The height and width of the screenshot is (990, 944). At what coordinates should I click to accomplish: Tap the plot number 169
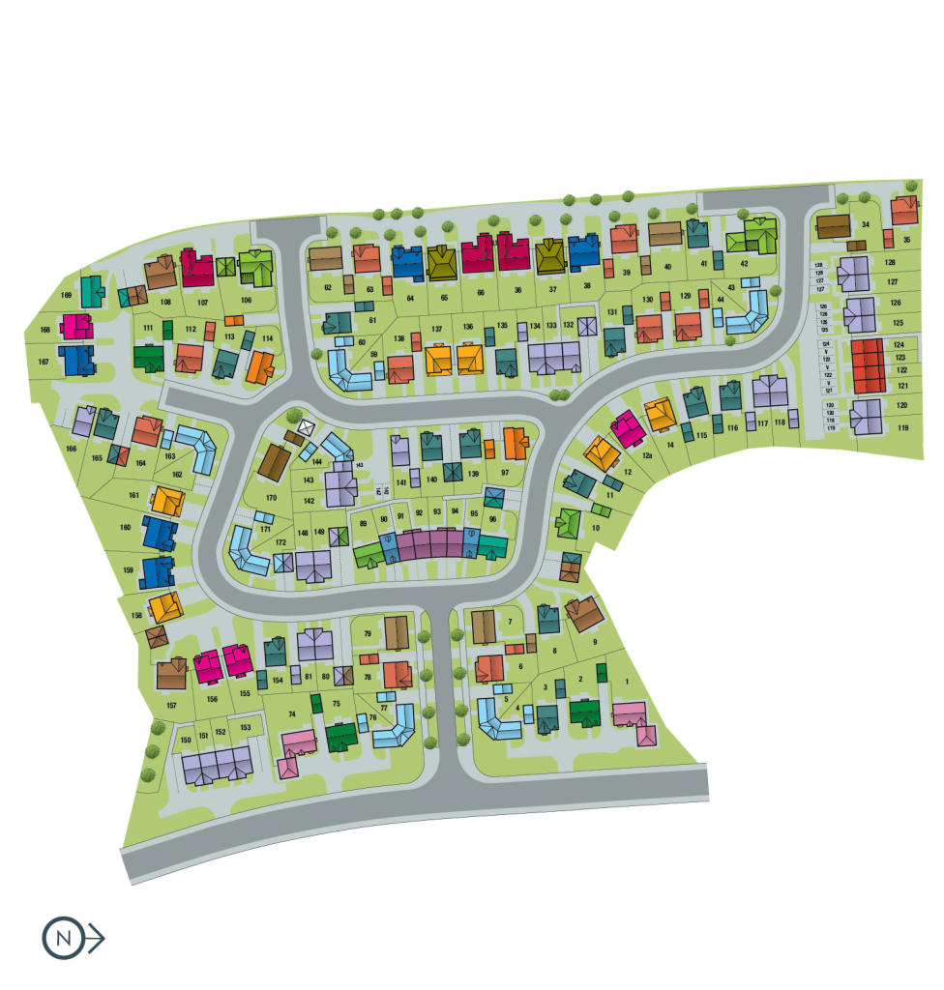[67, 295]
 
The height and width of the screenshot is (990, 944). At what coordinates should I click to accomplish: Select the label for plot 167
[44, 362]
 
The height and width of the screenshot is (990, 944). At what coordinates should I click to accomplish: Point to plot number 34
[866, 226]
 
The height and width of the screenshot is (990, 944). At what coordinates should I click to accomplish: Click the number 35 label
[907, 239]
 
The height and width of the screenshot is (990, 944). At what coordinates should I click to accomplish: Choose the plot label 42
[744, 262]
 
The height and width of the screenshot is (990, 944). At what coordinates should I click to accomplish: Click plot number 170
[272, 498]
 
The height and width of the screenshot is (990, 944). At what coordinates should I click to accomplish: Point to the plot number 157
[171, 705]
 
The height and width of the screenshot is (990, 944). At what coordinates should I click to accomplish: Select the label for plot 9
[594, 641]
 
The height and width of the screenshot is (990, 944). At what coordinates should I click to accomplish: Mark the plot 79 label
[368, 633]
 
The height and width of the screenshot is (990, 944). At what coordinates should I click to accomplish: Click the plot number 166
[71, 449]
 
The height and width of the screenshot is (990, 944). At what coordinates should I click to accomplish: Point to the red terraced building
[867, 364]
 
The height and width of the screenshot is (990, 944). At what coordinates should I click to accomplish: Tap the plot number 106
[246, 301]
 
